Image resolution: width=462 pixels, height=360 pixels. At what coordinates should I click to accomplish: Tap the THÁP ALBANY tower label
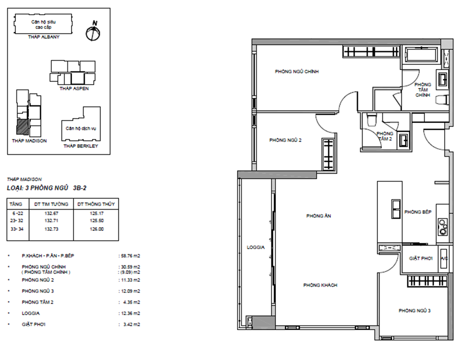pyautogui.click(x=43, y=37)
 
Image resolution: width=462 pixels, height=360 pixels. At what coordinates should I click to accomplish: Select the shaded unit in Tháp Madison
pyautogui.click(x=22, y=127)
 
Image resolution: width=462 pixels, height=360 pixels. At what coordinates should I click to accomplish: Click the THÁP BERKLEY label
pyautogui.click(x=81, y=146)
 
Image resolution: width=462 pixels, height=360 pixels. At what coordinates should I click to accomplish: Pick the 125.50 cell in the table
pyautogui.click(x=97, y=221)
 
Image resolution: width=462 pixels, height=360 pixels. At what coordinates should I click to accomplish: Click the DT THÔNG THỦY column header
pyautogui.click(x=96, y=204)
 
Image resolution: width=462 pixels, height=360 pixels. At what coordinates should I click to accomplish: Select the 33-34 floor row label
pyautogui.click(x=17, y=229)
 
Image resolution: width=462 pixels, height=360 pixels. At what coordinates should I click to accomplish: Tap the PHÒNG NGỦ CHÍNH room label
pyautogui.click(x=297, y=71)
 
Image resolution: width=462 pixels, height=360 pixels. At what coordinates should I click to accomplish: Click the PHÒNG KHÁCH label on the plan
pyautogui.click(x=320, y=285)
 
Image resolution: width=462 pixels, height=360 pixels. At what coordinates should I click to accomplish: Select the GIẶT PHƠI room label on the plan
pyautogui.click(x=421, y=258)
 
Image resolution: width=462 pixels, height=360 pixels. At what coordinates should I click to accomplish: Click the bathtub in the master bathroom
pyautogui.click(x=422, y=55)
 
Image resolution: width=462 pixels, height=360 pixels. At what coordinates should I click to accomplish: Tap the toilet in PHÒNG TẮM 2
pyautogui.click(x=372, y=119)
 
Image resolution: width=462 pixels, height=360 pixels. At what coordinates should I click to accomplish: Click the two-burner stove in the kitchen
pyautogui.click(x=442, y=227)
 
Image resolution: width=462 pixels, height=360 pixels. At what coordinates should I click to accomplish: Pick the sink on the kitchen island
pyautogui.click(x=396, y=209)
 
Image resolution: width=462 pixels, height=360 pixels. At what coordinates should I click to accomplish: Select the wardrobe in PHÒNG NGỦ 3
pyautogui.click(x=427, y=281)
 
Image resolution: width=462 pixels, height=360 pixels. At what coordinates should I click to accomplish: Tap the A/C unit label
pyautogui.click(x=444, y=258)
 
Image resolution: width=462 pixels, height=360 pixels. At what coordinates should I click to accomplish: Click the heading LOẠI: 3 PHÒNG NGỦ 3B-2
pyautogui.click(x=47, y=188)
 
